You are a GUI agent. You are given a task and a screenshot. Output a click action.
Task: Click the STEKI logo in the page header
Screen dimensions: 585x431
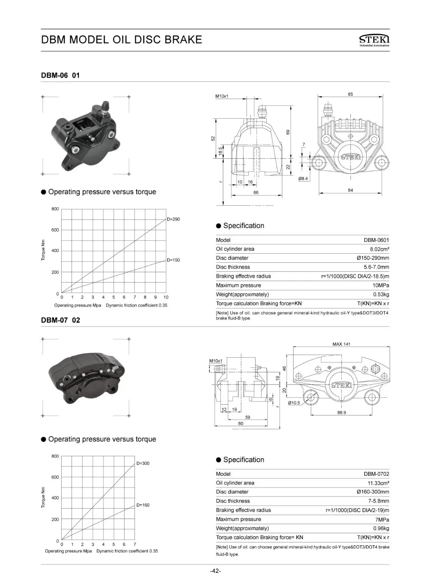tap(374, 40)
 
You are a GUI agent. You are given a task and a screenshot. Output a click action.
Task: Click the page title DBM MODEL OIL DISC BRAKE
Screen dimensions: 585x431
tap(122, 40)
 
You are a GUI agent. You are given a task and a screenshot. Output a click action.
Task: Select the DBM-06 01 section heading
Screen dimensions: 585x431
tap(60, 75)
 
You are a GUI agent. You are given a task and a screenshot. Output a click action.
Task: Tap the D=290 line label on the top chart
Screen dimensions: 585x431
tap(173, 219)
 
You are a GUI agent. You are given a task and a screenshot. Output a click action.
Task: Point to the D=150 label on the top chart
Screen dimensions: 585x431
tap(173, 260)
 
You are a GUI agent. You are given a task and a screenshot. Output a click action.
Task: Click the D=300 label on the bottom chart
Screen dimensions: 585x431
tap(143, 463)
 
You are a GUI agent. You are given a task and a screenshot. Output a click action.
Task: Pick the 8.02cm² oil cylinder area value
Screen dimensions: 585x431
tap(379, 249)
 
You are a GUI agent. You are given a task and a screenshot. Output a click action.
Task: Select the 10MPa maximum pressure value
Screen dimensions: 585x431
tap(381, 286)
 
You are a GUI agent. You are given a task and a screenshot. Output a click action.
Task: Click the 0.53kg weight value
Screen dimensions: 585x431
tap(381, 295)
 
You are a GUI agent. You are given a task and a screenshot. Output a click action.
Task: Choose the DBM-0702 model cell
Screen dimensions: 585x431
tap(376, 474)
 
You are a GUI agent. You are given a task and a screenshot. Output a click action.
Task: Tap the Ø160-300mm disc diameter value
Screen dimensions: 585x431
tap(373, 492)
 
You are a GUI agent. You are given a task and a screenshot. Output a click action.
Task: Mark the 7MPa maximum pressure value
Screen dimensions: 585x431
tap(382, 519)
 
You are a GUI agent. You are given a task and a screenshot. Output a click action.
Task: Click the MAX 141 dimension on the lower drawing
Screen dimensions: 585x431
tap(341, 344)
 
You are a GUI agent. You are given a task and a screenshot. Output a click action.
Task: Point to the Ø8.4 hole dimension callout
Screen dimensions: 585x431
tap(303, 179)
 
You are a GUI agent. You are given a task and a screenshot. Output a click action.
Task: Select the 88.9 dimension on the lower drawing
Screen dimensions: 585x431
tap(341, 412)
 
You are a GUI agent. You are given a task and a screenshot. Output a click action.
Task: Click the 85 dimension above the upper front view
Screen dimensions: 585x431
tap(350, 94)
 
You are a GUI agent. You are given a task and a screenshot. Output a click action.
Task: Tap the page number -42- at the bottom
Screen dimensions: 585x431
tap(215, 571)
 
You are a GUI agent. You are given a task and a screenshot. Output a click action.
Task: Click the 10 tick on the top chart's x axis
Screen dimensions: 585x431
tap(166, 297)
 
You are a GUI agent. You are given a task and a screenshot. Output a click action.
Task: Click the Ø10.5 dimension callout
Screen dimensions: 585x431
tap(294, 403)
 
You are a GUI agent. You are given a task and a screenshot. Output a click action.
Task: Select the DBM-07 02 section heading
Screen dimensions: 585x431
tap(60, 320)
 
